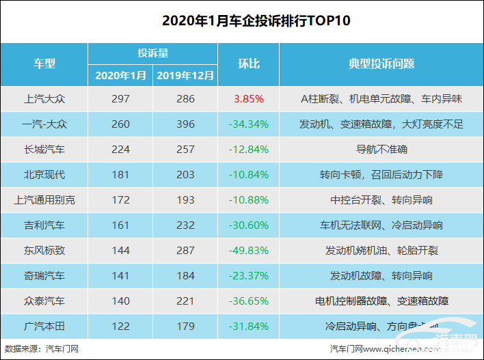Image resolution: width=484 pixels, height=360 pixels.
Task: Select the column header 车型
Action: pyautogui.click(x=44, y=64)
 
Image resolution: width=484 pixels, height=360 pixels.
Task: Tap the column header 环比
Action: pyautogui.click(x=248, y=64)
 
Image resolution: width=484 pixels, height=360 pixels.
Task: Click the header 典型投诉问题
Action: pyautogui.click(x=381, y=64)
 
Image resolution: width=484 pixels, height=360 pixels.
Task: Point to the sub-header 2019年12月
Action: pyautogui.click(x=185, y=75)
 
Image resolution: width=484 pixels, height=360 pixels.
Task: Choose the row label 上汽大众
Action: pyautogui.click(x=44, y=99)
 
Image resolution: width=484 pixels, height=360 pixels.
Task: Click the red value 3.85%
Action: pyautogui.click(x=248, y=99)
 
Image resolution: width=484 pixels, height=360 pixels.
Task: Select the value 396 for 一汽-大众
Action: pyautogui.click(x=185, y=124)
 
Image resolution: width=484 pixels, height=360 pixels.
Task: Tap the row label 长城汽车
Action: pyautogui.click(x=44, y=150)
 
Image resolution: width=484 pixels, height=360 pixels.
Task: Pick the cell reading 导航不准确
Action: pyautogui.click(x=381, y=150)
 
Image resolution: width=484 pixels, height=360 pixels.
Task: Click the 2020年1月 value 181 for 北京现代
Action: pyautogui.click(x=120, y=175)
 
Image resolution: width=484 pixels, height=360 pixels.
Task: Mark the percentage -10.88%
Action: pyautogui.click(x=248, y=200)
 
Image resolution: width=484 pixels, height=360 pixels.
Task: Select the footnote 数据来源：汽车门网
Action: pyautogui.click(x=42, y=349)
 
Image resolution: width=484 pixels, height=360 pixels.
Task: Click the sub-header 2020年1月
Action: pyautogui.click(x=120, y=75)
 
